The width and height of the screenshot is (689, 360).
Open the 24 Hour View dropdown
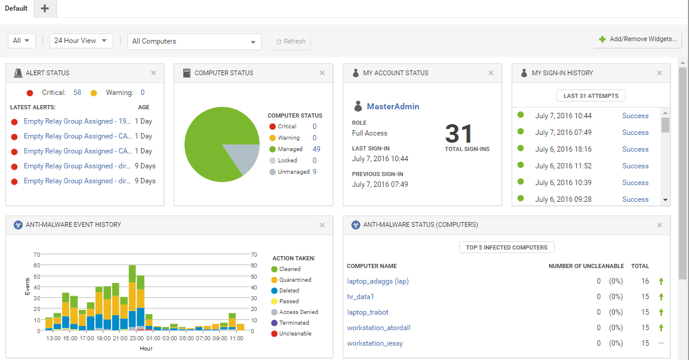point(81,41)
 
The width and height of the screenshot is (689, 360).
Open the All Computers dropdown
point(194,41)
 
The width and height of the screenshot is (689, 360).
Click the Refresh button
point(291,42)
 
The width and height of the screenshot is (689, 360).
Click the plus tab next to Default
point(45,8)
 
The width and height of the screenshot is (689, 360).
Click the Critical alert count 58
point(77,93)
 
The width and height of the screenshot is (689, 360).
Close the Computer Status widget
point(322,73)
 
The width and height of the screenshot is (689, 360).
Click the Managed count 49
point(316,149)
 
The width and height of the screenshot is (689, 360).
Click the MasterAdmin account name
point(393,106)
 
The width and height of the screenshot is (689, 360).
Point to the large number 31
point(459,134)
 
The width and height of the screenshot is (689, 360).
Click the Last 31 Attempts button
point(590,96)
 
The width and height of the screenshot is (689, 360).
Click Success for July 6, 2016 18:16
point(635,149)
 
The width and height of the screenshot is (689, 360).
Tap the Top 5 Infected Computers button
point(506,247)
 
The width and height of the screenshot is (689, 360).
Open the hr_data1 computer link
point(360,297)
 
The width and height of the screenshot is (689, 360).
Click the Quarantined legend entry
point(295,280)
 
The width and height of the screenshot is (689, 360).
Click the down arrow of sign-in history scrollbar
point(665,200)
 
